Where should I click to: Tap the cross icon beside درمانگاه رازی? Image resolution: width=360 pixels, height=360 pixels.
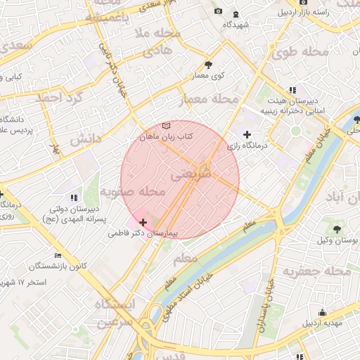click(246, 134)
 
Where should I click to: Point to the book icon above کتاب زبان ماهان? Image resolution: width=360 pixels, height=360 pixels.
click(166, 125)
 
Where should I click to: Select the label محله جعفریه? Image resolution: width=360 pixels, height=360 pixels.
click(316, 271)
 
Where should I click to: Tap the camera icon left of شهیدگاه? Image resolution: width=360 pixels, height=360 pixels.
click(218, 12)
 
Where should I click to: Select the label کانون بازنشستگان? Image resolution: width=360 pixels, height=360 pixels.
click(58, 266)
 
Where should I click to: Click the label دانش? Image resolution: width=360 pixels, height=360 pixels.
click(86, 139)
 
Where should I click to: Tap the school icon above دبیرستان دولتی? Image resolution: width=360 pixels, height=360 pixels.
click(74, 198)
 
